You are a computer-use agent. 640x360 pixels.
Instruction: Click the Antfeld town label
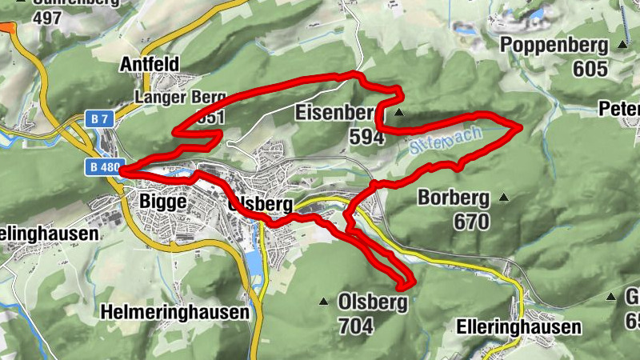[x=149, y=64]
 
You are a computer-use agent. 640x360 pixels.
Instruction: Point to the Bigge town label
[x=163, y=201]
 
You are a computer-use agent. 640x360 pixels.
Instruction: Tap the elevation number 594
[x=366, y=137]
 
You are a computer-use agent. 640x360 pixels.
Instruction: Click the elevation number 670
[x=470, y=222]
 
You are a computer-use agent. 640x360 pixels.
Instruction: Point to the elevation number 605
[x=590, y=69]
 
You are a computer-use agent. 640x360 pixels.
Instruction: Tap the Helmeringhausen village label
[x=175, y=312]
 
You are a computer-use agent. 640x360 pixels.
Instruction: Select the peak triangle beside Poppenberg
[x=622, y=44]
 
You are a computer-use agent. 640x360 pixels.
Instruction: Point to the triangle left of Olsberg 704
[x=324, y=302]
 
